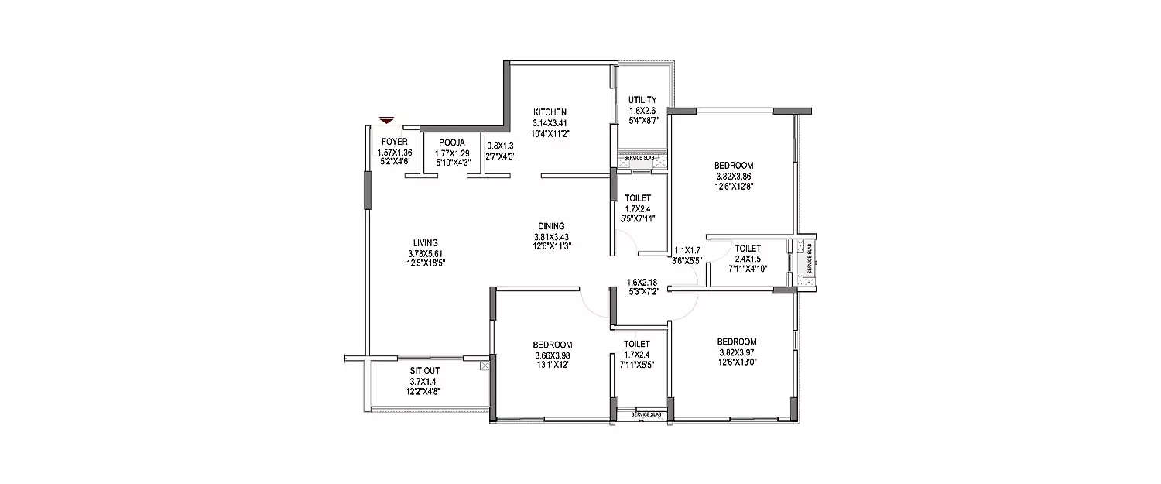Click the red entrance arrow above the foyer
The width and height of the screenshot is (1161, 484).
point(387,120)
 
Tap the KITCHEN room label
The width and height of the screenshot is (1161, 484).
point(550,112)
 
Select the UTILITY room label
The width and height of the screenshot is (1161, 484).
point(642,100)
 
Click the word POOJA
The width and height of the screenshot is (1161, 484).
point(451,142)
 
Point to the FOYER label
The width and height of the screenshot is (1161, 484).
point(394,142)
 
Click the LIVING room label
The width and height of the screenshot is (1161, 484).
point(426,243)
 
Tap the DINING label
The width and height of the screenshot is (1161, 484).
point(552,226)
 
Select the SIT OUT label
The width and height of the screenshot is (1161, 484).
point(423,371)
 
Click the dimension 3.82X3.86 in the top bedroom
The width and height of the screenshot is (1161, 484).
point(734,176)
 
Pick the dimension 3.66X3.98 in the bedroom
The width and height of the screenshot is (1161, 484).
point(552,355)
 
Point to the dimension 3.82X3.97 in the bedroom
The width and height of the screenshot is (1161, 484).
point(736,352)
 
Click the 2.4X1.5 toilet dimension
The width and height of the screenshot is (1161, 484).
point(748,259)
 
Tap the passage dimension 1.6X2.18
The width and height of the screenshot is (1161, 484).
point(642,281)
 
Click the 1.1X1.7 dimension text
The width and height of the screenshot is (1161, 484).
point(687,250)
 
